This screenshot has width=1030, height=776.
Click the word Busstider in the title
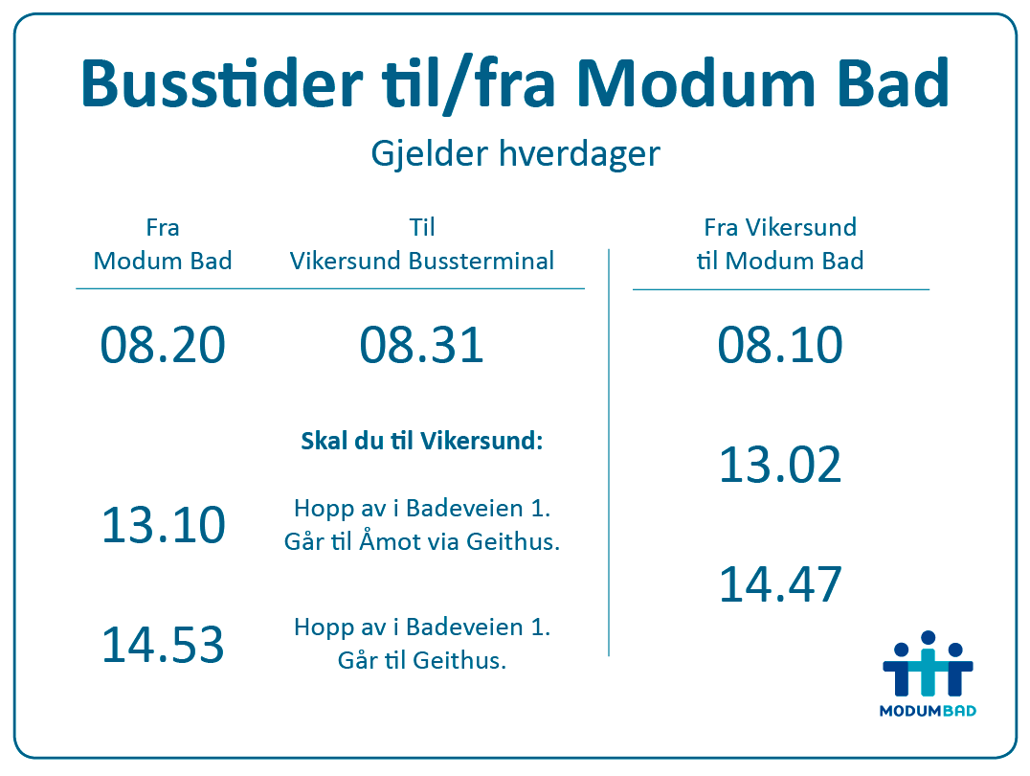(222, 83)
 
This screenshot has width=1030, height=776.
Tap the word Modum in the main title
(696, 83)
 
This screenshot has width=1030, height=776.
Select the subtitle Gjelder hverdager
(515, 154)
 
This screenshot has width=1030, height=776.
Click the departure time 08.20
(162, 345)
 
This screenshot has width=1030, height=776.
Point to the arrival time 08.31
(422, 345)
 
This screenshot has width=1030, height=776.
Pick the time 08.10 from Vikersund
(780, 345)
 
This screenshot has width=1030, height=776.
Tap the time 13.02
(780, 465)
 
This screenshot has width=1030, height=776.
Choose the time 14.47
(780, 584)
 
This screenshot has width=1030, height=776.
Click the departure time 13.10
(164, 525)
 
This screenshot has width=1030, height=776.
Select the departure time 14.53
(163, 645)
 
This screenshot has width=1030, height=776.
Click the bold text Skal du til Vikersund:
(422, 441)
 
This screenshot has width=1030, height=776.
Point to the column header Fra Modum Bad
(162, 244)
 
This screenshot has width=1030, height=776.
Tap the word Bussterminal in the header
(481, 262)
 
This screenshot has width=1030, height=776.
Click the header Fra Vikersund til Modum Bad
(780, 244)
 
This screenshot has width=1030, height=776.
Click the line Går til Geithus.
(422, 660)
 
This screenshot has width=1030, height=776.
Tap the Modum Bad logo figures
(928, 664)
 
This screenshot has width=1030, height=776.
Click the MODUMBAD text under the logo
(928, 711)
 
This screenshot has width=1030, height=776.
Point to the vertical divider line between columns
(609, 452)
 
